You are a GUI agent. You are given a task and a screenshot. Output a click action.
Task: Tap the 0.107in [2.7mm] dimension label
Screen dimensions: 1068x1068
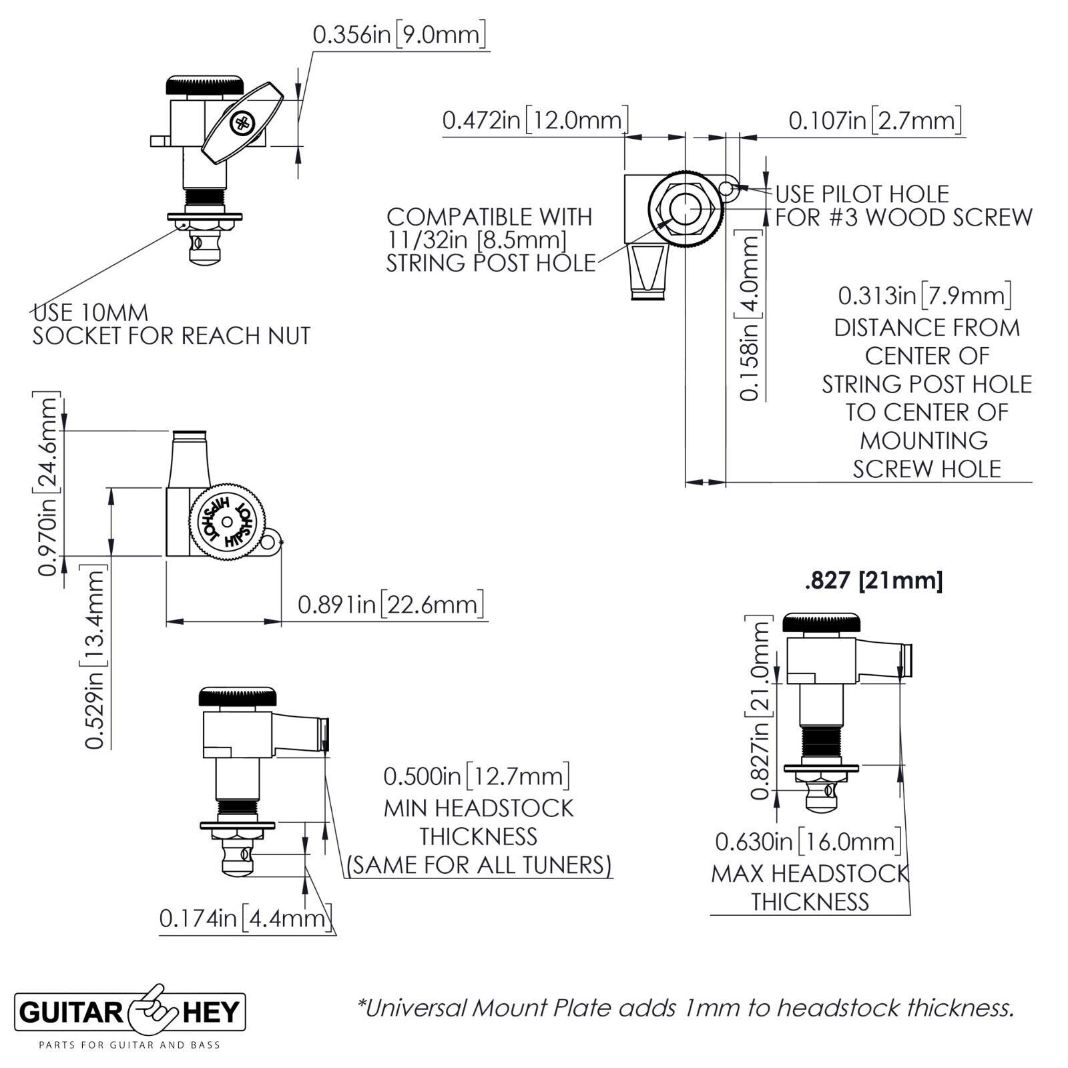[875, 121]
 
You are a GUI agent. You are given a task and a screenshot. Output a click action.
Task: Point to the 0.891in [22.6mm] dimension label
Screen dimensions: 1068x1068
[390, 605]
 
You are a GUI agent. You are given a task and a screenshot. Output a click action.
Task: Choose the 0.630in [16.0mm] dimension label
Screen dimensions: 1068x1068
[808, 841]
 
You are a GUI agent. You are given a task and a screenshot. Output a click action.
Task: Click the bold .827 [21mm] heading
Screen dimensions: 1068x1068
[874, 581]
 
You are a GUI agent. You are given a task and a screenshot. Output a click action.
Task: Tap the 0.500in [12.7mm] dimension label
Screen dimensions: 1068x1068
[477, 776]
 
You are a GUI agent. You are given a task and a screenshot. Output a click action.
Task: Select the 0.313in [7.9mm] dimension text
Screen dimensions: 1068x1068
[925, 295]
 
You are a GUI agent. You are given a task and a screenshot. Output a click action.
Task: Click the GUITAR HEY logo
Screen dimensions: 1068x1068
[130, 1012]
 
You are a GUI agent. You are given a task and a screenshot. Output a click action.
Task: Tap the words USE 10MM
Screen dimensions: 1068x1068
[91, 312]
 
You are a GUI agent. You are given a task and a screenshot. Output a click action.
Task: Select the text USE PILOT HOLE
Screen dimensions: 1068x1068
[862, 194]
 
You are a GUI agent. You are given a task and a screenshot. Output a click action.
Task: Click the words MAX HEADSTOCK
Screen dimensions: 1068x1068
[810, 873]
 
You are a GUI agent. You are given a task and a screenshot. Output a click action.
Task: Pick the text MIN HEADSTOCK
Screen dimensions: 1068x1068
[478, 808]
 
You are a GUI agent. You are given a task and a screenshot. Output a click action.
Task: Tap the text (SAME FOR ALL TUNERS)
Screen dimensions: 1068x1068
[479, 865]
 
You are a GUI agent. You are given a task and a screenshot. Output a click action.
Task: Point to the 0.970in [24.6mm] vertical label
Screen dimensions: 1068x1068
[47, 485]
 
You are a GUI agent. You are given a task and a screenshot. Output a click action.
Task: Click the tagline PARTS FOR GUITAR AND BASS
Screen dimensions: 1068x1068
[129, 1045]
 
